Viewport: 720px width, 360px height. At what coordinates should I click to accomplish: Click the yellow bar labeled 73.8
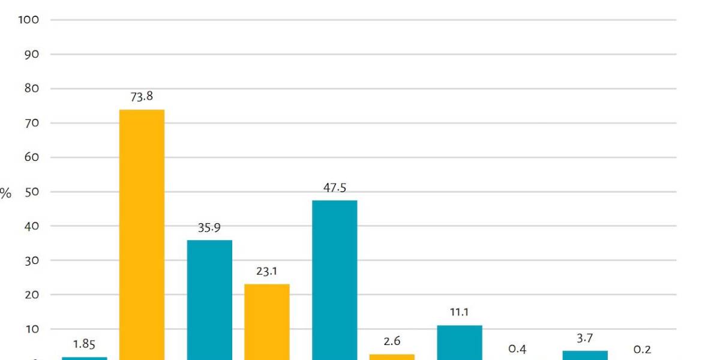(x=142, y=234)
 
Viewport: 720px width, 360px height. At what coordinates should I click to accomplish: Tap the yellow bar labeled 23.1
(x=266, y=321)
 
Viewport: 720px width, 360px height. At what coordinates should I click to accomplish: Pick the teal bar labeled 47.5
(x=334, y=280)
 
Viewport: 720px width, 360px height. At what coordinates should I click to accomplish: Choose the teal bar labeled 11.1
(x=459, y=342)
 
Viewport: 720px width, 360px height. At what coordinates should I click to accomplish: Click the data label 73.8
(x=142, y=96)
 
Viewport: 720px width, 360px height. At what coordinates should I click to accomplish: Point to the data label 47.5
(x=334, y=188)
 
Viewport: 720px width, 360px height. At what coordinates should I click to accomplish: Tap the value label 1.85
(x=84, y=344)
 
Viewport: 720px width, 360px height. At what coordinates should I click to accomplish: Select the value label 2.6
(x=391, y=341)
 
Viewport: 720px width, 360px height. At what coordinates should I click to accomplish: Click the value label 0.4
(x=517, y=349)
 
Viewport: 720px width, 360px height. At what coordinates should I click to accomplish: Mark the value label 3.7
(x=585, y=338)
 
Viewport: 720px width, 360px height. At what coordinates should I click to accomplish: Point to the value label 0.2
(x=642, y=349)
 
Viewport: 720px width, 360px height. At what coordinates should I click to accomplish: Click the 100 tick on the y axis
(x=29, y=20)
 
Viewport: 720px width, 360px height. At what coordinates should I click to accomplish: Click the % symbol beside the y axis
(x=5, y=193)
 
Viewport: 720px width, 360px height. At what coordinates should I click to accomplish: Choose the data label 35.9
(x=209, y=227)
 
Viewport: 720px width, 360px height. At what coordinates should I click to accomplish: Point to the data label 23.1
(x=266, y=271)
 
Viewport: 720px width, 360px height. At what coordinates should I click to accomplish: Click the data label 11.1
(x=459, y=313)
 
